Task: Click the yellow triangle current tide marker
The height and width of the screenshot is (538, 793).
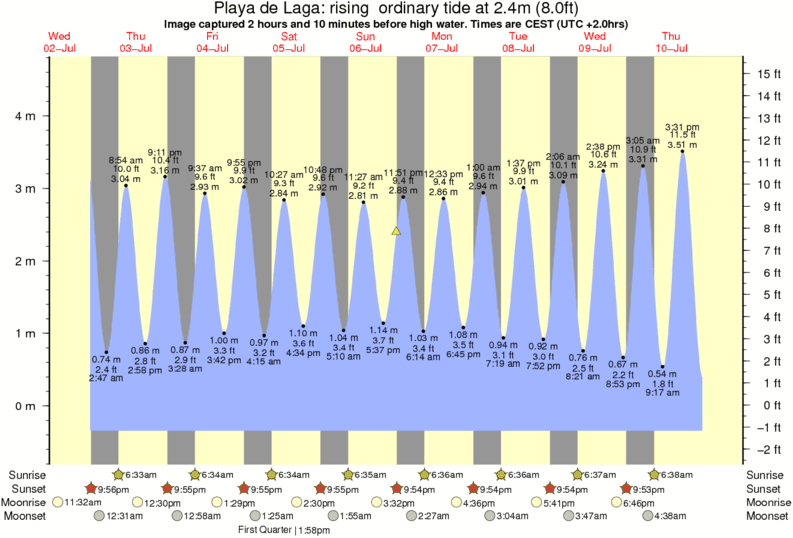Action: [396, 231]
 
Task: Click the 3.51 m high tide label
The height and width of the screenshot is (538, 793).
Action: [682, 144]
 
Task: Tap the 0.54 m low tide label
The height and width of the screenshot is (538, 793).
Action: [663, 374]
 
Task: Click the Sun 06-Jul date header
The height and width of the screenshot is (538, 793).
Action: [364, 42]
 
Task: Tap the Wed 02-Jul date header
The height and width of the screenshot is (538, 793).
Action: [59, 42]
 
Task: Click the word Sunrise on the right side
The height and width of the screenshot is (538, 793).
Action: [765, 474]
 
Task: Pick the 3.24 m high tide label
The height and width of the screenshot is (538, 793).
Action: [604, 164]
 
